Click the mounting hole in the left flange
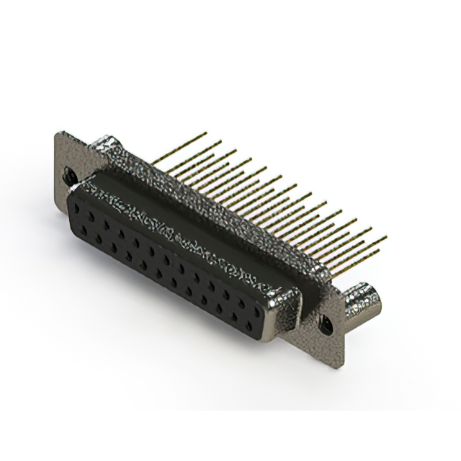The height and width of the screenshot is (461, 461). [x=69, y=174]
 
